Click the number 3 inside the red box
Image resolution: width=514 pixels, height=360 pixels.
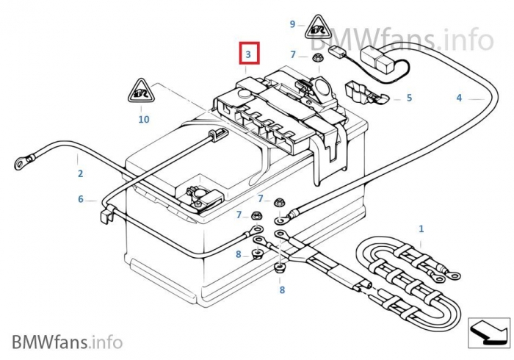click(x=248, y=54)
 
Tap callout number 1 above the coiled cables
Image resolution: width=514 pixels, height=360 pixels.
click(x=421, y=229)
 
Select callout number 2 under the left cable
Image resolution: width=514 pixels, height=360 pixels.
click(x=80, y=174)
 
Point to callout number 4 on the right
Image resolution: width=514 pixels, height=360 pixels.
click(x=459, y=98)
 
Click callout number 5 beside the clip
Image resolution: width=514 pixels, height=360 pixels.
click(x=409, y=98)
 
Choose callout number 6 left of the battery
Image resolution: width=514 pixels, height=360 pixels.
click(x=81, y=199)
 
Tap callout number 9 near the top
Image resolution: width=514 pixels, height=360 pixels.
click(x=292, y=24)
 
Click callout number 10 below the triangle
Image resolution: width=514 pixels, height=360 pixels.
click(x=143, y=118)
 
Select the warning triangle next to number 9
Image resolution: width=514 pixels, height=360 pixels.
click(x=318, y=27)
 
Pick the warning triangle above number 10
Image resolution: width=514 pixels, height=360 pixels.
click(x=143, y=91)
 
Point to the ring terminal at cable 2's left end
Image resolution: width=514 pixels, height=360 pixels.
click(x=21, y=158)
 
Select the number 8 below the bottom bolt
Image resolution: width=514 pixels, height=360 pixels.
click(x=282, y=290)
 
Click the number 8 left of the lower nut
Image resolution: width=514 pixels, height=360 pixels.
click(x=239, y=254)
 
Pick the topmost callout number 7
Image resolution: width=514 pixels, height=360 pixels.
click(x=293, y=55)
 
